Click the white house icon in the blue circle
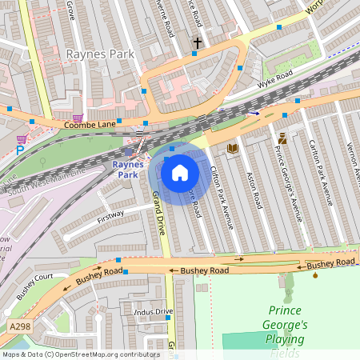pos(180,173)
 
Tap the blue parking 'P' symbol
pos(20,150)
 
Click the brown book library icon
pos(233,148)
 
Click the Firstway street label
pos(110,215)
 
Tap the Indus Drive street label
pos(153,310)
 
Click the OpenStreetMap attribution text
pos(80,354)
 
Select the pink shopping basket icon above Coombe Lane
pos(78,117)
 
